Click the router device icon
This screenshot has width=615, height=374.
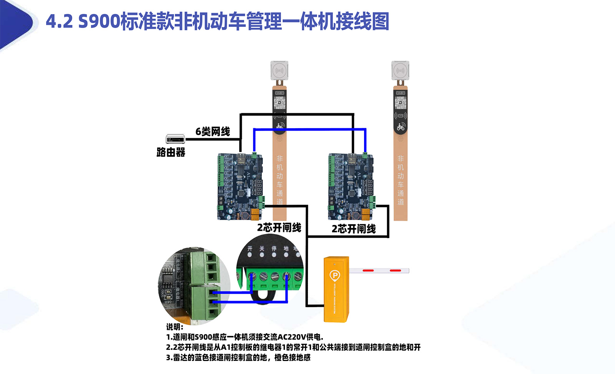[x=175, y=139]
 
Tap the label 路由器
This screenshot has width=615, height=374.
[x=171, y=152]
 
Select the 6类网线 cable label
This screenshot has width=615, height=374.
[x=213, y=132]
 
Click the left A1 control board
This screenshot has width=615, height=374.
[x=240, y=186]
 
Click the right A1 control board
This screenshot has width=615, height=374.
[x=351, y=186]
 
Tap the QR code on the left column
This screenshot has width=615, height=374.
[x=279, y=103]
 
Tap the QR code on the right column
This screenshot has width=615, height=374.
[x=401, y=103]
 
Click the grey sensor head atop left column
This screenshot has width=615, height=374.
[x=279, y=71]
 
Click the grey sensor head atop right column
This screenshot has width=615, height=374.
[x=400, y=71]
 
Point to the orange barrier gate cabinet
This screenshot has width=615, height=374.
[x=336, y=289]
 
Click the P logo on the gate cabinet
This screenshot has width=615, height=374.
[x=335, y=275]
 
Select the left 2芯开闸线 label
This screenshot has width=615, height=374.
[x=279, y=228]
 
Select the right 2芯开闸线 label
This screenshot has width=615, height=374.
[x=354, y=229]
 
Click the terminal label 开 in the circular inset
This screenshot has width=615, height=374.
[x=250, y=249]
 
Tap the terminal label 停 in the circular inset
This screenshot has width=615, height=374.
[x=274, y=249]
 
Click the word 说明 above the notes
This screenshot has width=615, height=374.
[x=174, y=327]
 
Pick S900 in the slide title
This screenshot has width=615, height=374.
[x=99, y=22]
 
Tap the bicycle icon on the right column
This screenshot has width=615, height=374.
[x=401, y=127]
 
